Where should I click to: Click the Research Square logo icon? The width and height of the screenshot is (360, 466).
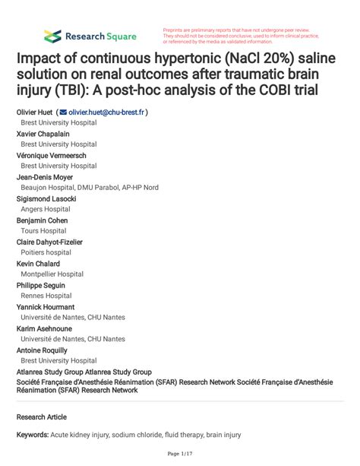[52, 35]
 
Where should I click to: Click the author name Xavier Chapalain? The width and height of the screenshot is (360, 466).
[43, 134]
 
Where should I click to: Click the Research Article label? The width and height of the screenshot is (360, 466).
[42, 417]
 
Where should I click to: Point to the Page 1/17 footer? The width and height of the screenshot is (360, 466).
[179, 455]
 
